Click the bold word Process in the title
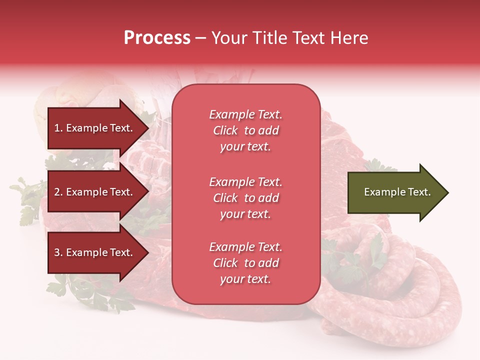coord(157,38)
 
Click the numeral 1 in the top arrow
coord(56,128)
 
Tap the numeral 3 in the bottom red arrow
coord(57,252)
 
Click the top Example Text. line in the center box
coord(245,114)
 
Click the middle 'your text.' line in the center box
coord(245,214)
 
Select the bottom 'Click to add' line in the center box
coord(245,263)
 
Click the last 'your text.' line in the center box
coord(245,279)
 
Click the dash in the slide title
coord(200,38)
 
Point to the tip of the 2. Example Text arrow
coord(148,192)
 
